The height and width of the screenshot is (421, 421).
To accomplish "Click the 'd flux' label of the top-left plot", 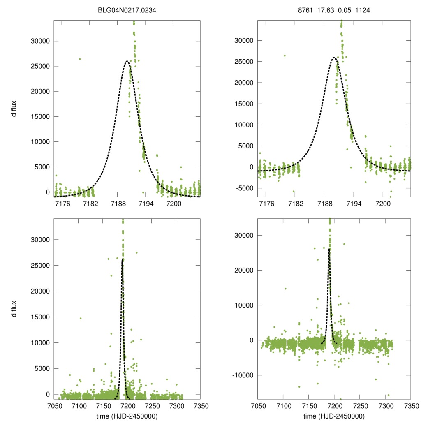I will tap(14, 109).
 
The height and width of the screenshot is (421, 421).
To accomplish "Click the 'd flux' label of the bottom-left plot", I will tap(14, 309).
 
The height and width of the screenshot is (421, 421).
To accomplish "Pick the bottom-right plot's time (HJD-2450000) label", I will tap(334, 416).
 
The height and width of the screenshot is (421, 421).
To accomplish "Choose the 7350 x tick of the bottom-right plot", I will tap(410, 406).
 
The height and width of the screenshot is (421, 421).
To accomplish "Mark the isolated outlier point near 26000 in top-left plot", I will tap(80, 59).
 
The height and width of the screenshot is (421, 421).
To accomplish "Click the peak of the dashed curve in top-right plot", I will tap(333, 58).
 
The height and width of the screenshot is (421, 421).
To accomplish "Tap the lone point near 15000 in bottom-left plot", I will tap(81, 318).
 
